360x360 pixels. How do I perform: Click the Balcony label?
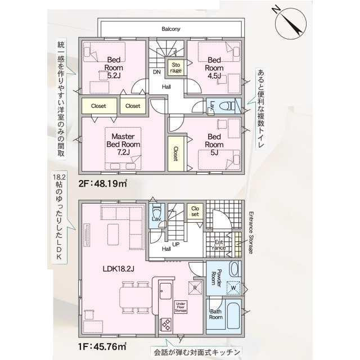coord(171,29)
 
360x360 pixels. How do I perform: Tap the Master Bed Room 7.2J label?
coord(123,144)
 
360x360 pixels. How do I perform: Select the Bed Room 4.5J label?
coord(214,67)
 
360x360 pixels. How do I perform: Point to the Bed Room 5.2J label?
coord(114,67)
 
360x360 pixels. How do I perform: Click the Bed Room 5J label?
coord(214,145)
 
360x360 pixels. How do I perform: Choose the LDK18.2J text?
coord(119,269)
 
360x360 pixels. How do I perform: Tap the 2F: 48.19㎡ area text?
coord(102,183)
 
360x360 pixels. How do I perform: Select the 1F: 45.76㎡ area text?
coord(102,346)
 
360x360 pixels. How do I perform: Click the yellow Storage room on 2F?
coord(175,67)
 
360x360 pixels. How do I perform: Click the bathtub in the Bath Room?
coord(233,316)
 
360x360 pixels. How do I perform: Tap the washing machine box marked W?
coord(233,287)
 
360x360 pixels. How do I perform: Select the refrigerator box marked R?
coord(195,287)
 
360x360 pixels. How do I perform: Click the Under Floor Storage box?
coord(181,307)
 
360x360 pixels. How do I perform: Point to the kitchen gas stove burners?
coord(165,324)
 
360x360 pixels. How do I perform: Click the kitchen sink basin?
coord(165,291)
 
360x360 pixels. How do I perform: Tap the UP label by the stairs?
coord(175,245)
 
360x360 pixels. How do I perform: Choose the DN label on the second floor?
coord(157,72)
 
